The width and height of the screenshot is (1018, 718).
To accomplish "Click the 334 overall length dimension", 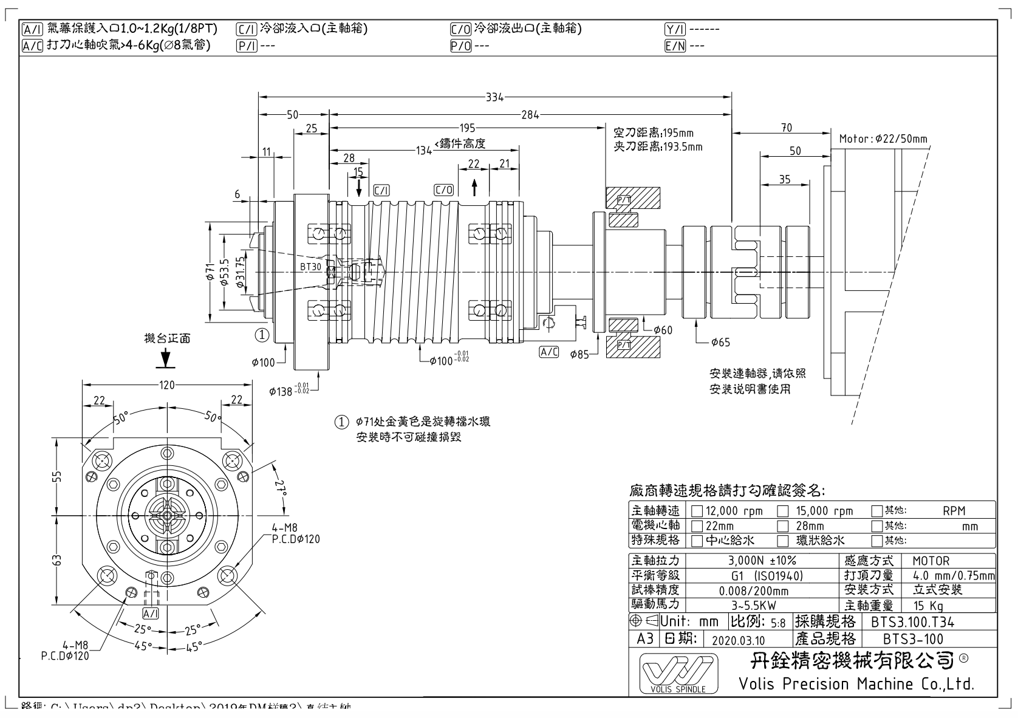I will click(x=494, y=96).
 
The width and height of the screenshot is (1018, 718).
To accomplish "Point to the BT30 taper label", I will click(x=310, y=267).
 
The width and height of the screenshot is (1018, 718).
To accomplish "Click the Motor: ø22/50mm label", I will click(x=883, y=138).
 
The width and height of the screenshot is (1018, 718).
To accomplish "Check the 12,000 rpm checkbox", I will click(x=697, y=511).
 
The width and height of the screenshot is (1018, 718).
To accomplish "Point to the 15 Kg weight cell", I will click(x=929, y=606).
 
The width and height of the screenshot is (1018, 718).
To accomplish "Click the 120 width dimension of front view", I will click(x=166, y=385).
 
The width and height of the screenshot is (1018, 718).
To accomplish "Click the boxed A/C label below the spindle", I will click(x=548, y=352).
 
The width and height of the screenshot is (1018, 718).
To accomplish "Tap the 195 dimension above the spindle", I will click(x=468, y=128).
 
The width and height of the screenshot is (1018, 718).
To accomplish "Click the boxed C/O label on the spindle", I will click(x=444, y=190).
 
